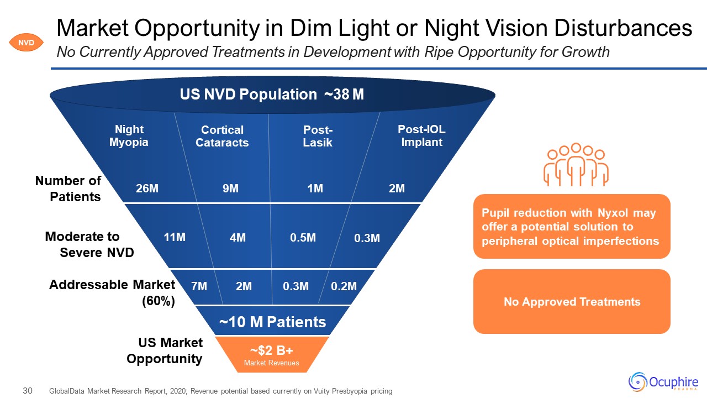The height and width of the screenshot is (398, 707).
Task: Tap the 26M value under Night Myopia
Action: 147,188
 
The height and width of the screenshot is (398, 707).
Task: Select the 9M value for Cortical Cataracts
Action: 230,188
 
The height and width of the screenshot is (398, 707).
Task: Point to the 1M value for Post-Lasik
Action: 315,188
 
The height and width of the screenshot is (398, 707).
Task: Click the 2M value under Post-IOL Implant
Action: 397,188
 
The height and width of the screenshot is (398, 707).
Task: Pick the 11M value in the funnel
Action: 175,238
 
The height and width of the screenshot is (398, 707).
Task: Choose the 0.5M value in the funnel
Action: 303,238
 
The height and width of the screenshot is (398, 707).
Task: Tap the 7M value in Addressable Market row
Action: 199,286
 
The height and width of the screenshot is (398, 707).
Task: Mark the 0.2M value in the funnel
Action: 344,286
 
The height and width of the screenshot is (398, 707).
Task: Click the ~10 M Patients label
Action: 273,322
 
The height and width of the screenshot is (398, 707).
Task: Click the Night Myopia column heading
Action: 129,136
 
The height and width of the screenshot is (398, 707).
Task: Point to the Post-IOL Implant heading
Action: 421,136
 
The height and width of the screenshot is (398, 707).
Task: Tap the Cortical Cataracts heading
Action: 222,136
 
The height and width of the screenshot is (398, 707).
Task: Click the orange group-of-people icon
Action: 575,165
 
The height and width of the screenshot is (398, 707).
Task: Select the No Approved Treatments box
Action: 572,302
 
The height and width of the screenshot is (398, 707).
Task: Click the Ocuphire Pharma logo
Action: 663,381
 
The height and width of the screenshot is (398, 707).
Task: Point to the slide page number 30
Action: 28,391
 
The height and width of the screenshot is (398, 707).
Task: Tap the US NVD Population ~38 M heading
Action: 272,95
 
